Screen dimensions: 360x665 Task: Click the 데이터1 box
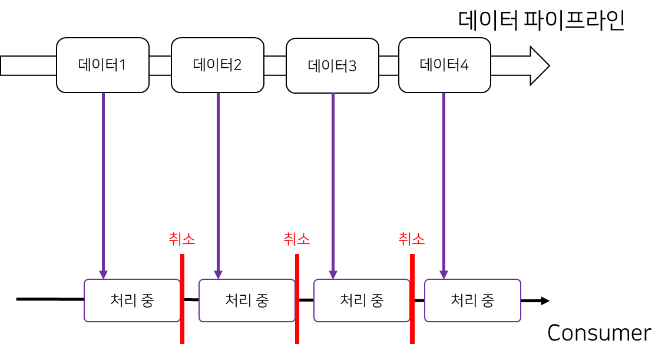[102, 65]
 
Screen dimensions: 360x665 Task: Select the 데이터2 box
[217, 65]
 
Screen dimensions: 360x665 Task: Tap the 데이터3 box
[332, 65]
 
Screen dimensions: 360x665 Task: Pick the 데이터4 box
[444, 65]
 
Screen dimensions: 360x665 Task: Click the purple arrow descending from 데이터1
[103, 183]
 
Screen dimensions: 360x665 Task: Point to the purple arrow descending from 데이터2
[218, 183]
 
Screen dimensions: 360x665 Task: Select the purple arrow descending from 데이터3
[333, 183]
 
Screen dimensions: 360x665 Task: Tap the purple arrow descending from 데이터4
[444, 183]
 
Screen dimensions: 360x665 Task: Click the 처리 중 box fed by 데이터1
[132, 300]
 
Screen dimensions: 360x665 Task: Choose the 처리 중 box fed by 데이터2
[247, 300]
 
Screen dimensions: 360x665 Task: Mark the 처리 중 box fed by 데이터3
[362, 300]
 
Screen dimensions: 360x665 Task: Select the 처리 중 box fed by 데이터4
[472, 300]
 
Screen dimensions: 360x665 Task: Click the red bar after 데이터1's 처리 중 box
[183, 299]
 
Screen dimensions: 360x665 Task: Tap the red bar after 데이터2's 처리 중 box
[297, 299]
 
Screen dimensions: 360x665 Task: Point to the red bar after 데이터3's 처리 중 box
[412, 299]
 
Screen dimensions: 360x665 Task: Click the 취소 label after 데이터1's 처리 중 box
[182, 239]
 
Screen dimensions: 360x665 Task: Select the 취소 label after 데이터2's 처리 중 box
[297, 239]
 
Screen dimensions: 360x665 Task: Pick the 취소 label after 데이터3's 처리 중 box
[412, 239]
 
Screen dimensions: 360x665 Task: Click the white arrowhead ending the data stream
[538, 65]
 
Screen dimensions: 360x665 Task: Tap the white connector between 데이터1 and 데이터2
[160, 65]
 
